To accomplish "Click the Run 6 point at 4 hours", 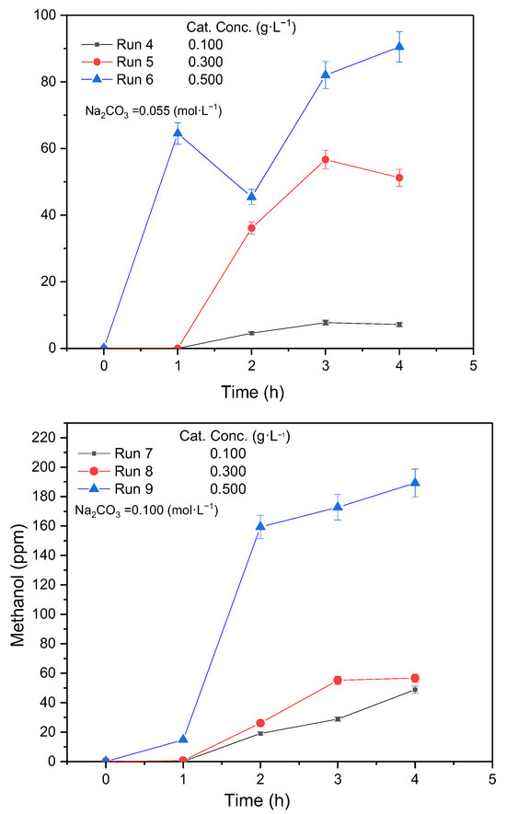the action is (399, 46).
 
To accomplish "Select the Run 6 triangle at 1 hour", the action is (178, 132).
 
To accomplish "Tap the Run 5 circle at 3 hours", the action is (325, 159).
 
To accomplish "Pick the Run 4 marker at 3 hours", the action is (326, 323).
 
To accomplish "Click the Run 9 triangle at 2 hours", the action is (260, 526).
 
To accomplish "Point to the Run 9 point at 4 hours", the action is (415, 482).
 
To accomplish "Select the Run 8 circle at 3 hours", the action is (338, 680).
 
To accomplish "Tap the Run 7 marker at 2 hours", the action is (260, 733).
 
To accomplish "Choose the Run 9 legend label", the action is (133, 489).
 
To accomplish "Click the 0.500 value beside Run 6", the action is (206, 79).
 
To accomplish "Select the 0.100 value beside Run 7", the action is (228, 453).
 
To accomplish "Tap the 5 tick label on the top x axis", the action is (473, 365).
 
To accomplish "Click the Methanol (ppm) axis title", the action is (17, 585).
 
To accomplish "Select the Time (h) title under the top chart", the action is (253, 392).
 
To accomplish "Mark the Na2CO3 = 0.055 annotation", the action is (154, 111).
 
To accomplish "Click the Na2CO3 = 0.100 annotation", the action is (146, 510).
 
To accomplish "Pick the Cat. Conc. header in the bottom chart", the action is (235, 436).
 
